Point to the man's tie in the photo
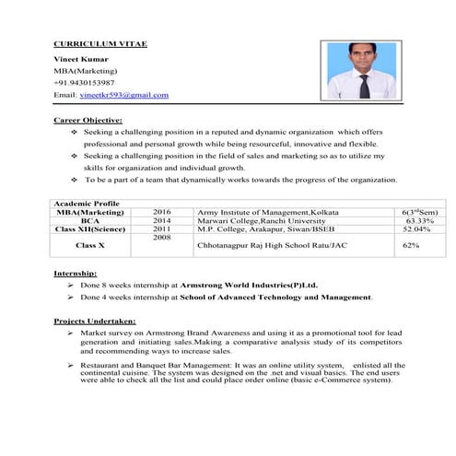click(x=365, y=87)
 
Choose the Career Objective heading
click(x=88, y=120)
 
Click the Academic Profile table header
click(x=87, y=203)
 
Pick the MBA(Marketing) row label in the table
click(x=89, y=212)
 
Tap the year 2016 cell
click(x=162, y=212)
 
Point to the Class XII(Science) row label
click(x=89, y=229)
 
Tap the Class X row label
click(x=89, y=246)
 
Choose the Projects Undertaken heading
click(x=95, y=320)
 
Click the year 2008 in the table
click(x=162, y=238)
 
